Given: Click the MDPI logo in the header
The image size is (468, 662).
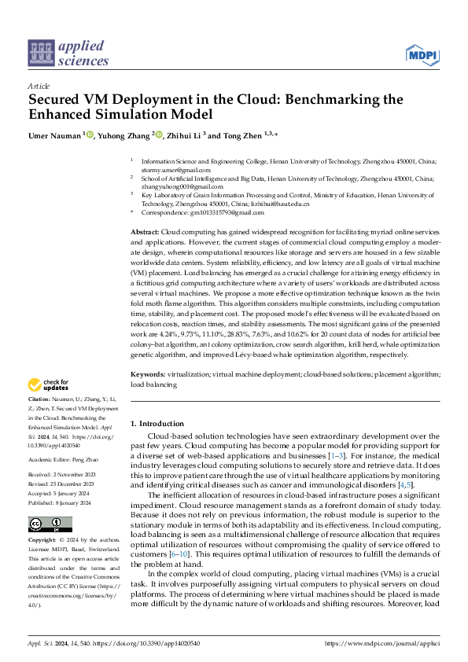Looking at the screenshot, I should (x=423, y=53).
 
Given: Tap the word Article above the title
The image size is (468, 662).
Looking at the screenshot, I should (x=39, y=86).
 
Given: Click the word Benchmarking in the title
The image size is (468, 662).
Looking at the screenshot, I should (x=330, y=101).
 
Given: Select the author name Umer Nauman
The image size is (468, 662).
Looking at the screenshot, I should (x=55, y=135).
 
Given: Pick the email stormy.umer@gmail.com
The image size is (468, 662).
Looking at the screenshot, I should (x=175, y=170).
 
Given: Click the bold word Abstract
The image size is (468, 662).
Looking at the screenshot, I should (x=145, y=234).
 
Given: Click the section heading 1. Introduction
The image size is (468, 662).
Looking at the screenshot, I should (x=157, y=424).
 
